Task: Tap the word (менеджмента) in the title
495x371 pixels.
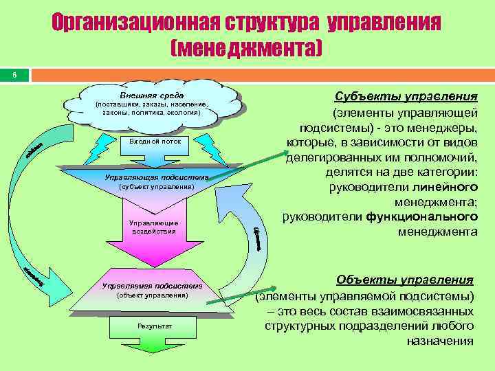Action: (x=247, y=48)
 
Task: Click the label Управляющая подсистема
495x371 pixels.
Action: (x=156, y=177)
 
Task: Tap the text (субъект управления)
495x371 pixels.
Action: (x=157, y=187)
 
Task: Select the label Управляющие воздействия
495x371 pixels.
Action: (x=155, y=227)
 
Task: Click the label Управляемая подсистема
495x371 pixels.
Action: (x=152, y=285)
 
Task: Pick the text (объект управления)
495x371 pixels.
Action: (x=153, y=295)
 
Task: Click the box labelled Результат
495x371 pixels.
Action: (x=153, y=325)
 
